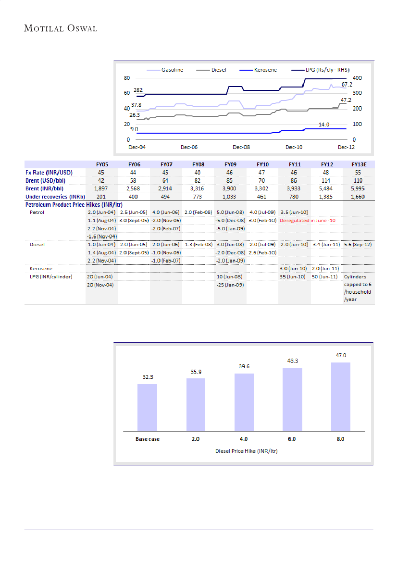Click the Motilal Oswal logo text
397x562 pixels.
[x=61, y=28]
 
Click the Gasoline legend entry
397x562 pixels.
[x=172, y=70]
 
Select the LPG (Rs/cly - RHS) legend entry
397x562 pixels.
[x=327, y=70]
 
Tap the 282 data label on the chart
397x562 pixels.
[x=138, y=90]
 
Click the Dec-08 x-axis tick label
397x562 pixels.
[x=241, y=147]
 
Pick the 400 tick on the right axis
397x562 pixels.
[x=357, y=78]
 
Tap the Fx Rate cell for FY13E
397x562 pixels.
[x=358, y=172]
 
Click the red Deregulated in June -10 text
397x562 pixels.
[x=308, y=220]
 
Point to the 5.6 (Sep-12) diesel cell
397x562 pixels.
[x=358, y=244]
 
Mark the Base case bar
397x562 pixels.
[x=147, y=407]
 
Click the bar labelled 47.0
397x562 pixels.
[x=340, y=397]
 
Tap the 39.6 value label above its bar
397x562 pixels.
[x=244, y=367]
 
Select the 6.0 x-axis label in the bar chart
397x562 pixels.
[x=292, y=439]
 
